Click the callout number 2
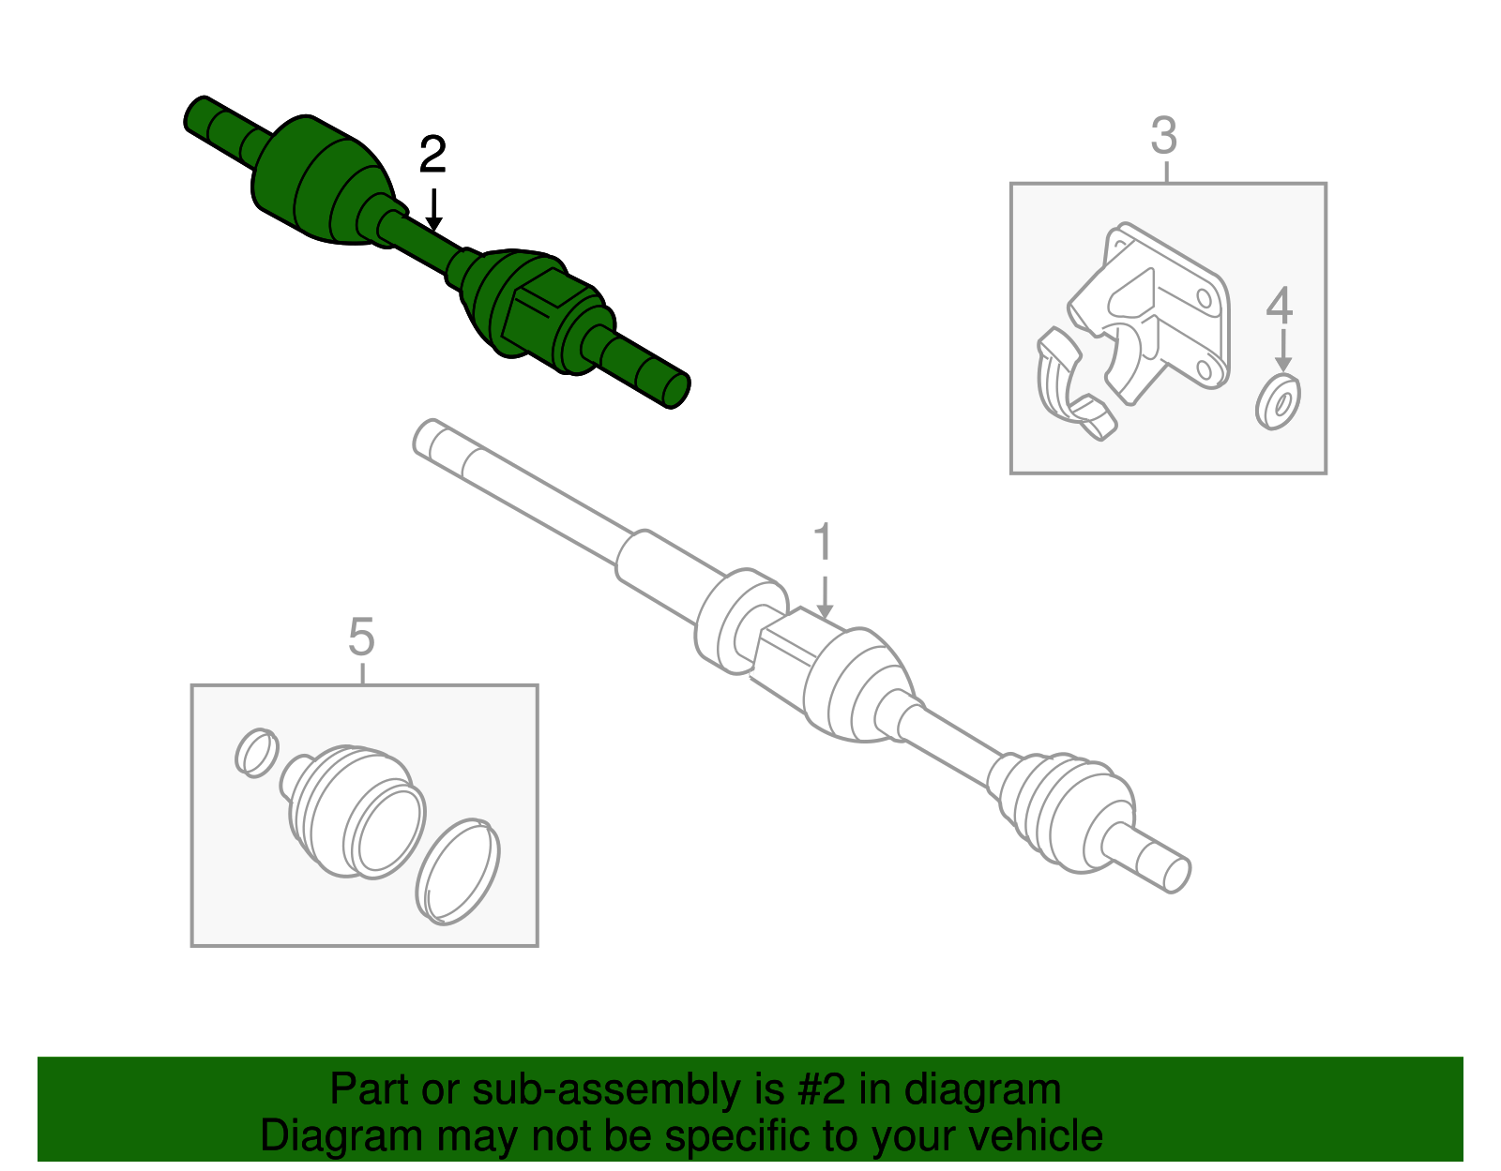pos(432,156)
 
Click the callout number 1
pos(823,544)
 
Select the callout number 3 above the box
pos(1163,137)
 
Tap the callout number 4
pos(1280,306)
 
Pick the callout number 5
pos(361,638)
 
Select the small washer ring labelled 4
pos(1278,401)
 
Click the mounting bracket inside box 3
pos(1163,309)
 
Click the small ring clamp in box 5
pos(255,752)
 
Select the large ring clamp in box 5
pos(458,872)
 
